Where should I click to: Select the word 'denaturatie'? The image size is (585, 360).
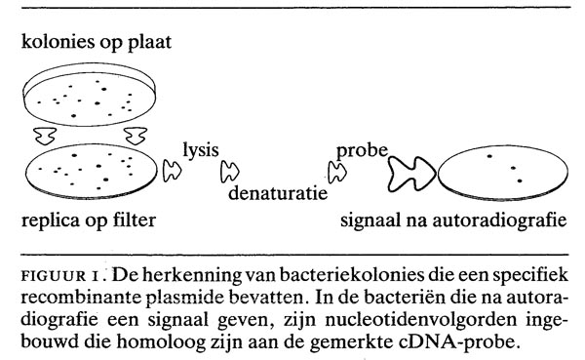pyautogui.click(x=278, y=193)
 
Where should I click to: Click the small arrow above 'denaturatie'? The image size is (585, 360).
pyautogui.click(x=231, y=172)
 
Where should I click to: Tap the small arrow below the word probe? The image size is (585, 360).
pyautogui.click(x=337, y=172)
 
